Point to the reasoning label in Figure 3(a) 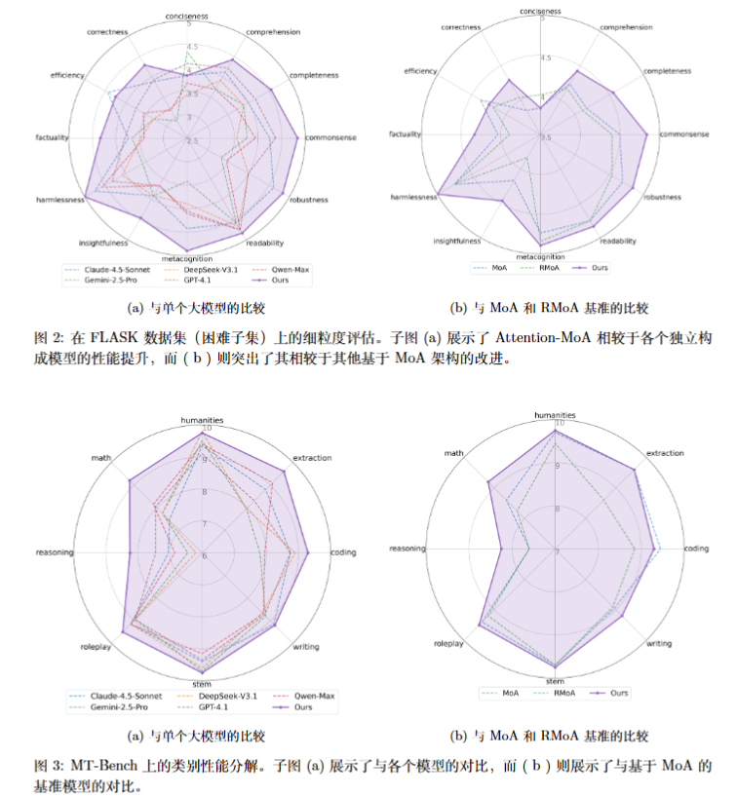pos(54,552)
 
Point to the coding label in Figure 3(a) pos(343,552)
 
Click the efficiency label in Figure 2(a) pos(65,75)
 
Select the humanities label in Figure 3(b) pos(555,415)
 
